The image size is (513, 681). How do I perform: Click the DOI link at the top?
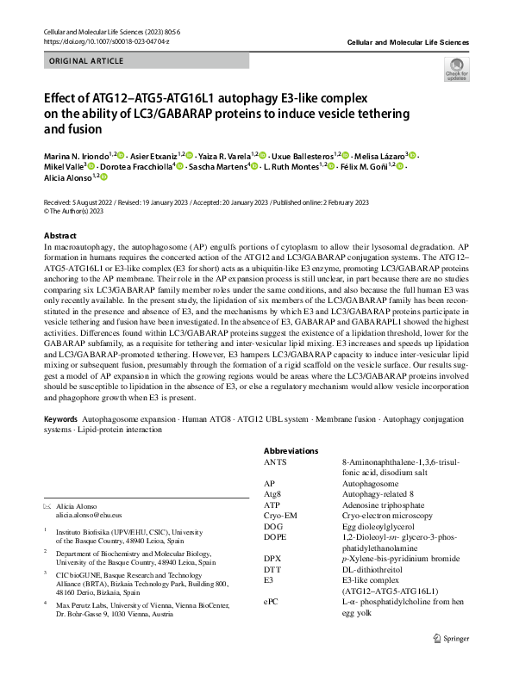pyautogui.click(x=95, y=40)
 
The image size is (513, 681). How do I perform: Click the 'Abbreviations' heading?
pyautogui.click(x=291, y=450)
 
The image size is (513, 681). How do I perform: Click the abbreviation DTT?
pyautogui.click(x=273, y=569)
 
